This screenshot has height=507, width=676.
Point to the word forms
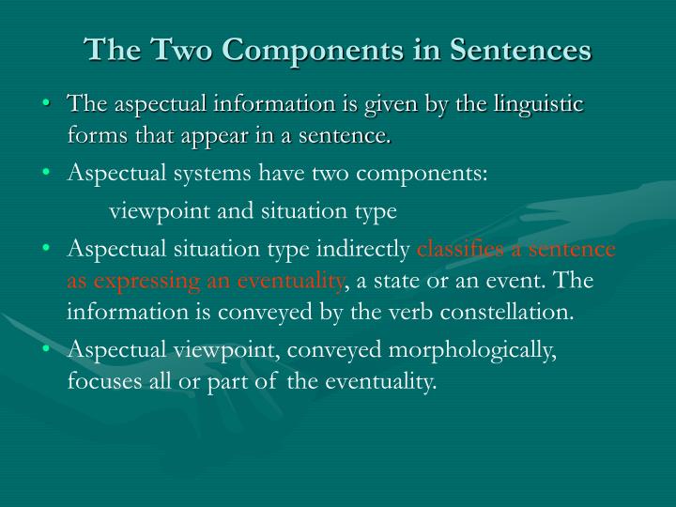94,137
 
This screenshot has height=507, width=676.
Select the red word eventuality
292,281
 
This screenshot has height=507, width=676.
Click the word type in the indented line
378,212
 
